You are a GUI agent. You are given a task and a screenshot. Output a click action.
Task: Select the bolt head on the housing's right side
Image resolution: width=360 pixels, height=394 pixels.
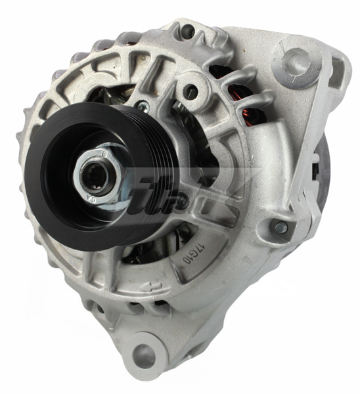[281, 227]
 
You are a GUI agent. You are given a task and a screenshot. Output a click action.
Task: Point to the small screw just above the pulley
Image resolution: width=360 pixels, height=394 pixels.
[141, 105]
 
